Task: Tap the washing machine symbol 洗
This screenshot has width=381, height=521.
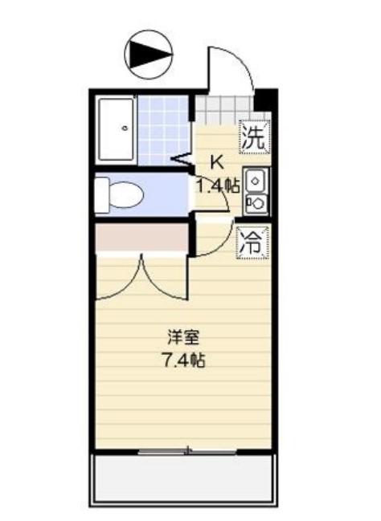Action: pos(253,136)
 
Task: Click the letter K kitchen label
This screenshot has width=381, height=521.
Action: pos(215,161)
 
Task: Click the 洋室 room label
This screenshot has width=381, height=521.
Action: pos(183,335)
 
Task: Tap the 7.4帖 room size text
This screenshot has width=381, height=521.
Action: pos(184,359)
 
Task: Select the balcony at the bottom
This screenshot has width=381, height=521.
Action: pos(185,480)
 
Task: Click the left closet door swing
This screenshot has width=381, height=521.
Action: pos(121,277)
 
